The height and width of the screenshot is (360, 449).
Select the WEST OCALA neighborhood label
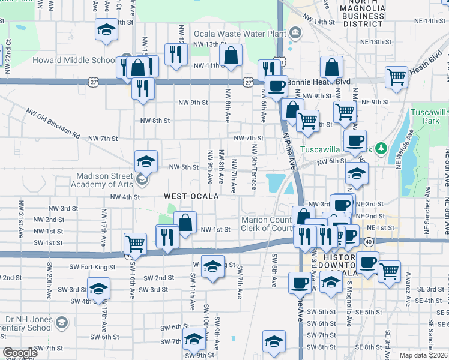click(x=191, y=196)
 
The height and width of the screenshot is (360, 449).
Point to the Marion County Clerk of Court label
click(x=267, y=224)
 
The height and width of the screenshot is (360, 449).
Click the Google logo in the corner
click(x=20, y=353)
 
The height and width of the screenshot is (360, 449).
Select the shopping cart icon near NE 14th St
click(x=397, y=77)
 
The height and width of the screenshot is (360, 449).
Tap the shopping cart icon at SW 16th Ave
click(x=135, y=243)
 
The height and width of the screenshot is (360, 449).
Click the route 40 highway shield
click(x=368, y=241)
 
